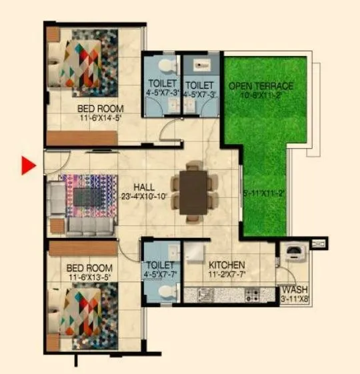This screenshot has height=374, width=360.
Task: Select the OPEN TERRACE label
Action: [261, 86]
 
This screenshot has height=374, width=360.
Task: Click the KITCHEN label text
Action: [226, 265]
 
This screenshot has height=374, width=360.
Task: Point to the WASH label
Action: [294, 290]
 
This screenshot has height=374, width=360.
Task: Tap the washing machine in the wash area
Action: [293, 254]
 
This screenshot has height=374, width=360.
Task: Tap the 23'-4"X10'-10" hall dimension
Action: [143, 197]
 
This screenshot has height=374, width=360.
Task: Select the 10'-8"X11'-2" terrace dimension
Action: [261, 95]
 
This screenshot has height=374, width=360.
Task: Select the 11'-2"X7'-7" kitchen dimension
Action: [226, 274]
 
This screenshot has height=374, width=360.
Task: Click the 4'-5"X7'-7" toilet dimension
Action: [160, 274]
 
